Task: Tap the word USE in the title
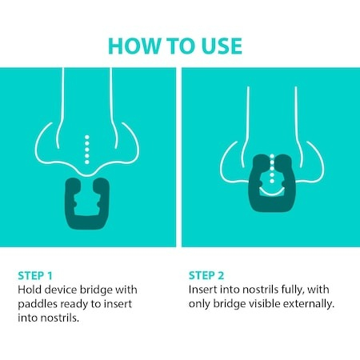[222, 46]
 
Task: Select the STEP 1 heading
[35, 275]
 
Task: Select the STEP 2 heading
[206, 275]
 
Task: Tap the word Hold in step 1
[30, 290]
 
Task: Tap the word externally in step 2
[309, 304]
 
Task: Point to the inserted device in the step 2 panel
[272, 203]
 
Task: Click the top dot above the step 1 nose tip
[87, 138]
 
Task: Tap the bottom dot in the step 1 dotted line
[87, 162]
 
